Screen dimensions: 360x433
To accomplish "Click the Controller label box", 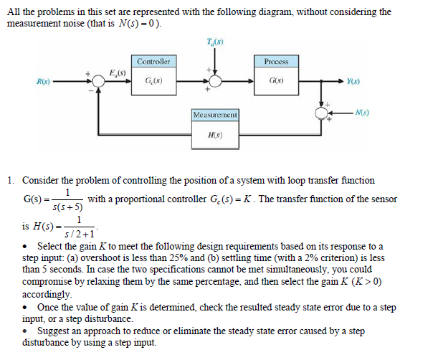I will [x=153, y=62].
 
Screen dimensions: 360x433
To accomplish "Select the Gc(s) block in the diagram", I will [x=153, y=80].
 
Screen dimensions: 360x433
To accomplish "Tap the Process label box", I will [x=277, y=62].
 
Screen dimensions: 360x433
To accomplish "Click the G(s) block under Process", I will [x=277, y=80].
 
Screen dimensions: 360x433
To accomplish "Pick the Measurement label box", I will [x=215, y=115].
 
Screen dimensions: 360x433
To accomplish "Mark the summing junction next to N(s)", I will [x=323, y=114].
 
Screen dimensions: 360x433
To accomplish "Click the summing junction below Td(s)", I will [x=214, y=80].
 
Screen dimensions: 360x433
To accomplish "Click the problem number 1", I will [x=11, y=181].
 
